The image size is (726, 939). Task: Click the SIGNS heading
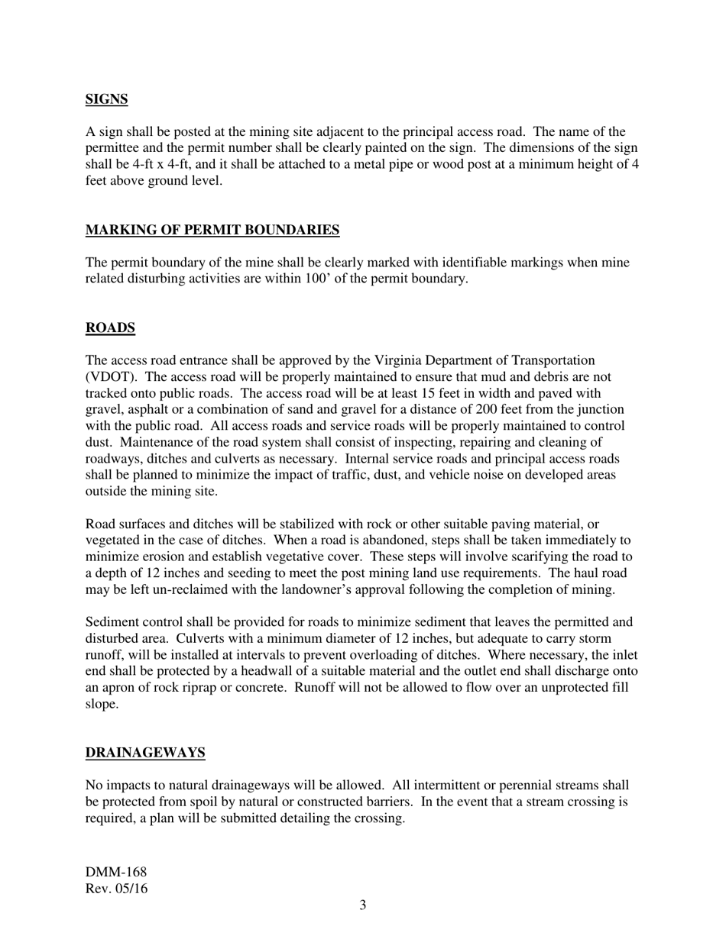tap(106, 99)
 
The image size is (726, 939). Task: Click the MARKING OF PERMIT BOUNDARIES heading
tap(212, 230)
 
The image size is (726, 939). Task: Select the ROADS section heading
tap(110, 328)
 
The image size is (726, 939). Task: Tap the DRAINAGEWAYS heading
tap(145, 753)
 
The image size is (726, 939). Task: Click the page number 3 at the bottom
tap(363, 905)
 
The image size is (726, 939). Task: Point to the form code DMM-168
tap(116, 872)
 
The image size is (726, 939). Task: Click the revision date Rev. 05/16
tap(117, 889)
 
